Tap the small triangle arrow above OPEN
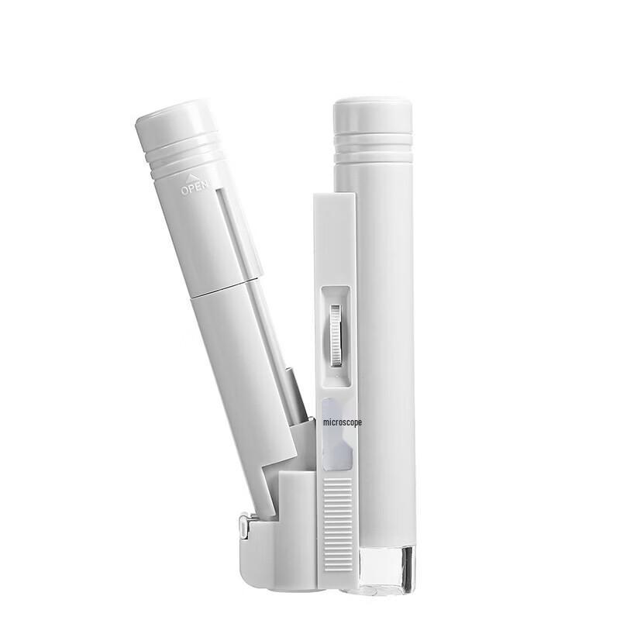(x=191, y=177)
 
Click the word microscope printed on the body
(x=342, y=422)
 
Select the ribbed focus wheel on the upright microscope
(x=336, y=336)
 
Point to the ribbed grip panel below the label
(x=338, y=524)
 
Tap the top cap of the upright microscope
(x=373, y=115)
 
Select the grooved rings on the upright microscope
(x=374, y=147)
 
